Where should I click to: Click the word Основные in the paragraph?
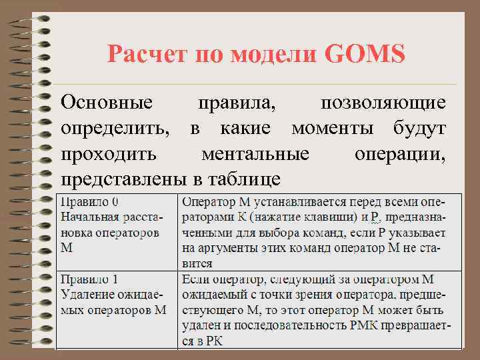[107, 103]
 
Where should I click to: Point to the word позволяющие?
[383, 103]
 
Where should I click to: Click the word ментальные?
[255, 154]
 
